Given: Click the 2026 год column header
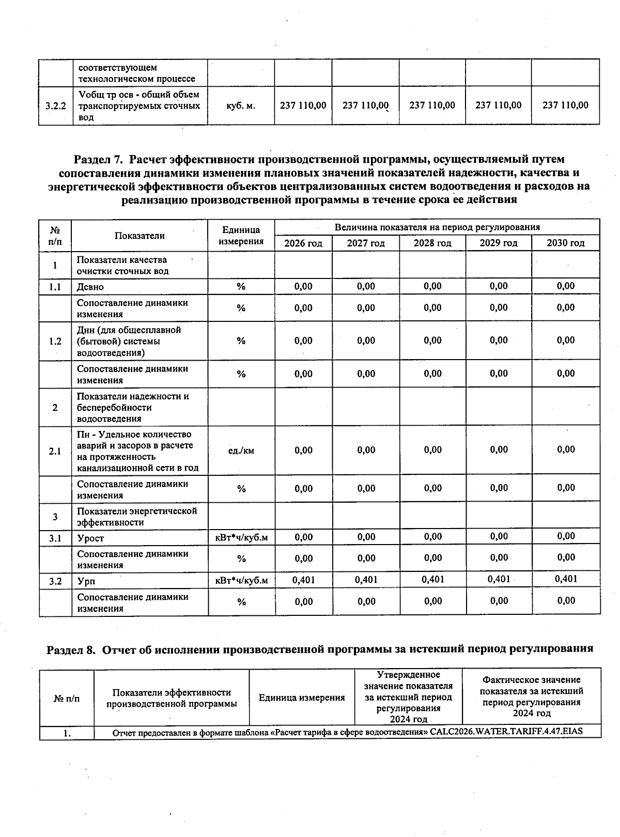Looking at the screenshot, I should click(303, 243).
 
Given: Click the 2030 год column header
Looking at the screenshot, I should click(566, 243).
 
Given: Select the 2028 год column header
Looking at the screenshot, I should click(432, 243).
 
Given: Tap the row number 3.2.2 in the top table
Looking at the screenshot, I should click(55, 106).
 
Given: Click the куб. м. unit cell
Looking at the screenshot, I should click(241, 105).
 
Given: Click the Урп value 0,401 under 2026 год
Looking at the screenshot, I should click(303, 580).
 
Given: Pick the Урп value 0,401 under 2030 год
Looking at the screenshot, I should click(566, 579).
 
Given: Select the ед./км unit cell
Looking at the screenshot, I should click(241, 451).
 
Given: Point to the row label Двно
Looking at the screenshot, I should click(90, 287).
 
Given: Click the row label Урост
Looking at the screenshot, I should click(91, 538).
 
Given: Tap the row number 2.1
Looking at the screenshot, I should click(55, 451).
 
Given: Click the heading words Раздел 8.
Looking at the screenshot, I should click(71, 649).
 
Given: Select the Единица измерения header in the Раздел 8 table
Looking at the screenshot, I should click(302, 698).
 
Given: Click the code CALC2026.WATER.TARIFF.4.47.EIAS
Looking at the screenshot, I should click(509, 732).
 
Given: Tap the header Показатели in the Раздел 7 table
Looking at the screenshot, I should click(139, 236).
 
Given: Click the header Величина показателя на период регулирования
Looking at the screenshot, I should click(437, 227).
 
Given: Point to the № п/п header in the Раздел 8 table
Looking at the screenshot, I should click(67, 698).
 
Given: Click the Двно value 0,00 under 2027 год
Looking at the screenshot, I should click(366, 286).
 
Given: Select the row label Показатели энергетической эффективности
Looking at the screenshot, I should click(137, 517).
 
